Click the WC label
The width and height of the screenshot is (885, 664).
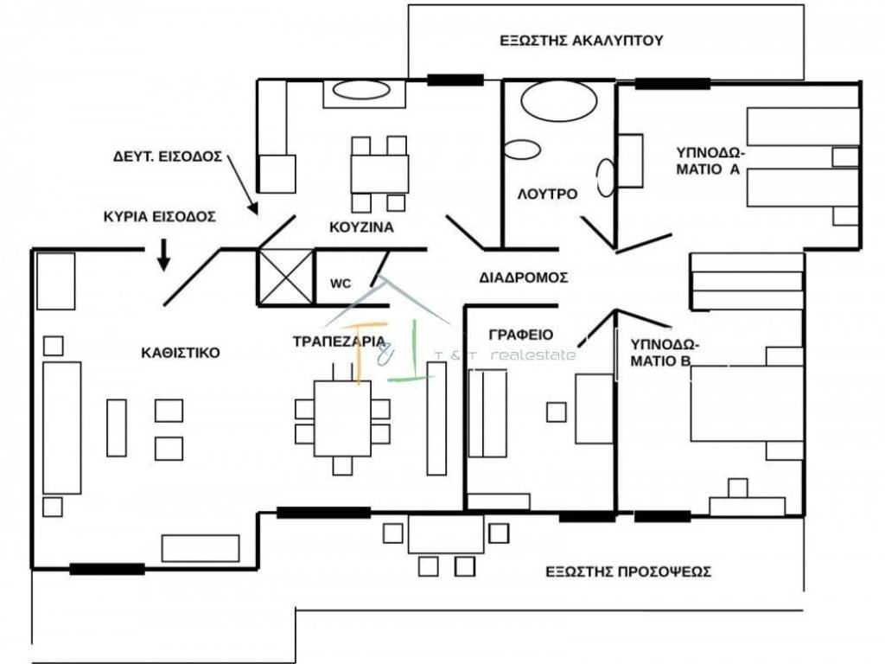coord(340,283)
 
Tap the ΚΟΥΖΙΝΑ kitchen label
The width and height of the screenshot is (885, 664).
coord(361,228)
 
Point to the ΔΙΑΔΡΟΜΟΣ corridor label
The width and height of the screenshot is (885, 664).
coord(523,278)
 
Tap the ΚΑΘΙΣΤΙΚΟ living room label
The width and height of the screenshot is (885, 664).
coord(181,353)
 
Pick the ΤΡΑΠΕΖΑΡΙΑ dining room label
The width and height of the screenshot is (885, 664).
coord(339,341)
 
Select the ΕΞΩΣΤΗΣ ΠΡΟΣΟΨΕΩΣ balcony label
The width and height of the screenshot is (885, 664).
coord(628,571)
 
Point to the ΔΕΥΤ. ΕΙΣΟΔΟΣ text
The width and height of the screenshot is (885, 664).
coord(168,157)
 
